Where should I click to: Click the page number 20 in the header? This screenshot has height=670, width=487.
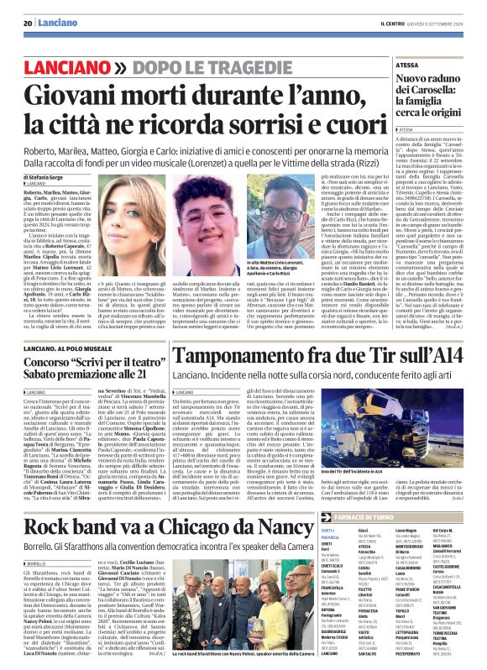28,24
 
